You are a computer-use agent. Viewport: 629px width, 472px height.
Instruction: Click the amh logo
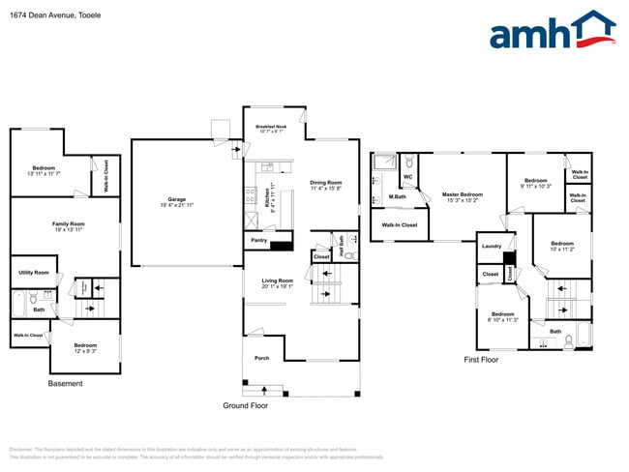(x=552, y=31)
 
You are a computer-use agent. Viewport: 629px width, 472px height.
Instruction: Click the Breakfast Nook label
(x=271, y=128)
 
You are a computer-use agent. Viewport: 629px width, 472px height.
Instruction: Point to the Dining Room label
(x=326, y=183)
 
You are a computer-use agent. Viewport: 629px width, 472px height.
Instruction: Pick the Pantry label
(x=258, y=240)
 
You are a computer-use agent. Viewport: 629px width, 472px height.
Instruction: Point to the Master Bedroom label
(x=462, y=195)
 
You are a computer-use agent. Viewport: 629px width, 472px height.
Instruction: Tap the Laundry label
(x=492, y=247)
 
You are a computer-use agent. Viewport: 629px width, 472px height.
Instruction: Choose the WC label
(x=408, y=177)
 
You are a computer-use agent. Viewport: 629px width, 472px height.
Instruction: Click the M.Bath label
(x=397, y=196)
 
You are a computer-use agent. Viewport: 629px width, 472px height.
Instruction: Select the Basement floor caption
(x=65, y=384)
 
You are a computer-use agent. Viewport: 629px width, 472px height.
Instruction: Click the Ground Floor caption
(x=246, y=406)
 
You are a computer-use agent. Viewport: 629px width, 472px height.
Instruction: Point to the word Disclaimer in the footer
(x=21, y=449)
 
